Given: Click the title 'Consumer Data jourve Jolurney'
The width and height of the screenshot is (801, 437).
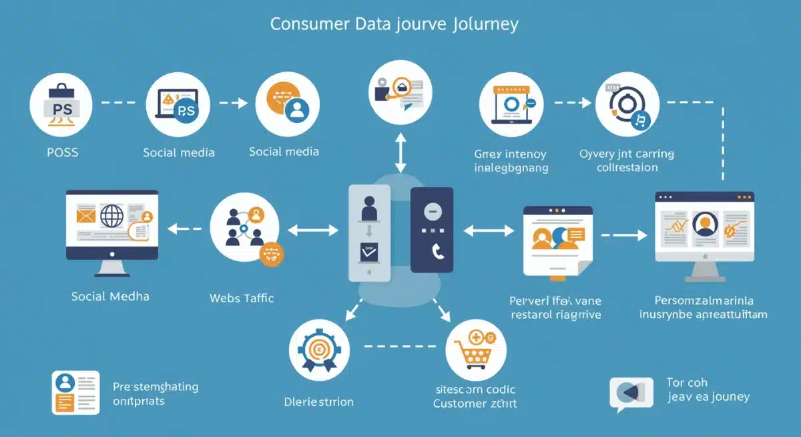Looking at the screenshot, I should [394, 24].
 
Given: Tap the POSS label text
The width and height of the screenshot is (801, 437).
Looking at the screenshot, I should [62, 152].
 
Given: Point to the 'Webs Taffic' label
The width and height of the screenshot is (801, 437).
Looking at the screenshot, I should [242, 298].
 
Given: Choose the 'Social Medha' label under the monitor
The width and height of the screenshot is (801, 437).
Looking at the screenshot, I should [111, 296].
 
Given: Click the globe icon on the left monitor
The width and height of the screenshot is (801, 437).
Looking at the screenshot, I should [111, 216].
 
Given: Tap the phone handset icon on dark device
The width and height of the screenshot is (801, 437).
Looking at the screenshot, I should [437, 251].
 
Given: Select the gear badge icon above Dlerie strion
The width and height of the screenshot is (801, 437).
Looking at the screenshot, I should [318, 349].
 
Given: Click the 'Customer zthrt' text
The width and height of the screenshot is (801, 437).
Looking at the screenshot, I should [475, 404].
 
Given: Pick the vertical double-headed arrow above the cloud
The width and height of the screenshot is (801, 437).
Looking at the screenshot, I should [400, 153].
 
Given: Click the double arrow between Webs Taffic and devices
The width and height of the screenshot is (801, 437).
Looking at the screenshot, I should [313, 231].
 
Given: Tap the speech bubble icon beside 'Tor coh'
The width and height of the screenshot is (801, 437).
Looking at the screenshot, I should [631, 393].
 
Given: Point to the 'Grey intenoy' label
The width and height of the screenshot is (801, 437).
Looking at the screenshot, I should [511, 154].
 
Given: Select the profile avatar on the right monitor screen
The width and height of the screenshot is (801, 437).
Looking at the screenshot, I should [704, 225].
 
